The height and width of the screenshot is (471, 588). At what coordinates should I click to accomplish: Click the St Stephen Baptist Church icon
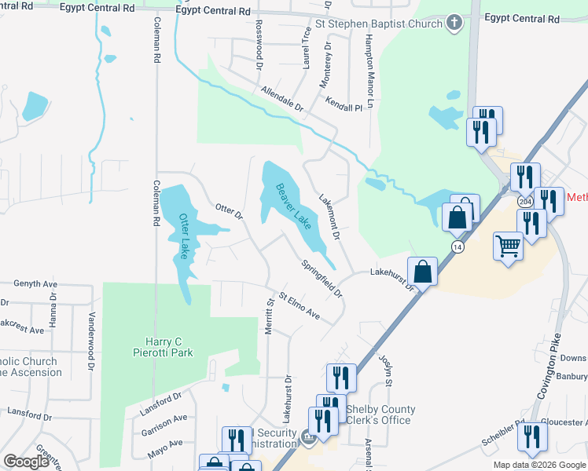click(454, 24)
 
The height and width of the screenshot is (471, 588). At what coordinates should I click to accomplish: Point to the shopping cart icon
click(508, 246)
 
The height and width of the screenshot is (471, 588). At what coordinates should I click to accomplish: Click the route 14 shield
click(457, 246)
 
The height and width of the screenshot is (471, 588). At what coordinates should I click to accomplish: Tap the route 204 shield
click(524, 202)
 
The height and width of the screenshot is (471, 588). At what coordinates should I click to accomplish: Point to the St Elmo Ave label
click(300, 307)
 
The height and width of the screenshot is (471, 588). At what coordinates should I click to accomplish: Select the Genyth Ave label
click(37, 283)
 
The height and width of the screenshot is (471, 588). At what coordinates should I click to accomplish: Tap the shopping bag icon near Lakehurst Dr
click(423, 272)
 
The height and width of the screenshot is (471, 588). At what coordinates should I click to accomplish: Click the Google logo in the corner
click(26, 462)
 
